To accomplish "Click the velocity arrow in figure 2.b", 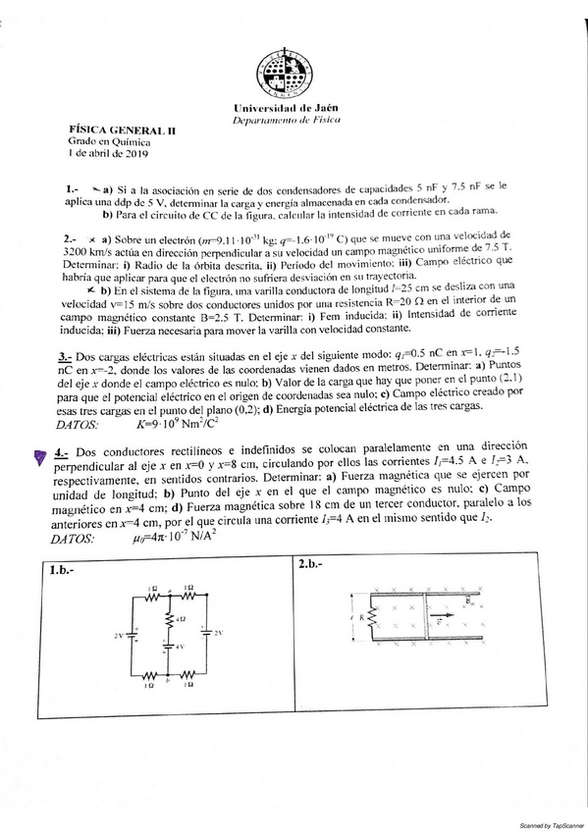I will (443, 620).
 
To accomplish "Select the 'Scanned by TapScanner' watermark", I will (552, 826).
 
